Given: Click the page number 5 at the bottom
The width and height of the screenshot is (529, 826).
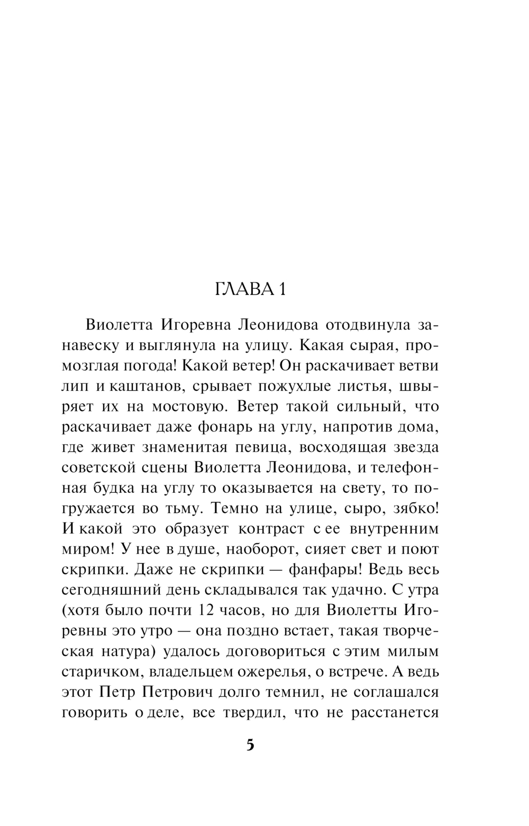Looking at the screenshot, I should tap(250, 745).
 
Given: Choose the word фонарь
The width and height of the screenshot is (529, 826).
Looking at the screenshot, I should tap(224, 427).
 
